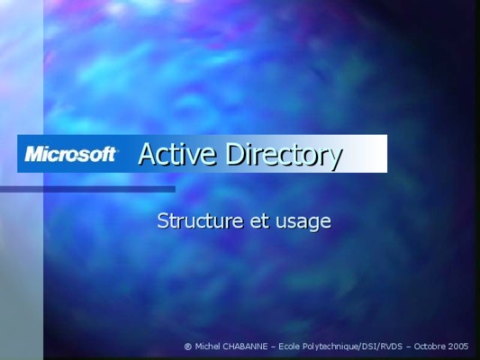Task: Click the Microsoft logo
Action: [x=71, y=154]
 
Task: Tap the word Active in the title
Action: [x=177, y=154]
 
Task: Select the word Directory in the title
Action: [x=284, y=156]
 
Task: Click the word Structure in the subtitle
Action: [x=201, y=220]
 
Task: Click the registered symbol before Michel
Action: [x=188, y=346]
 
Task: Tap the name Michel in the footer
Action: [x=207, y=346]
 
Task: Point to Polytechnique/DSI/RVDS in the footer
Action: [x=352, y=346]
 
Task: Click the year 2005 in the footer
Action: [x=458, y=346]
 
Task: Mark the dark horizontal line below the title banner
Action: [x=87, y=189]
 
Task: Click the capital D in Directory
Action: [x=236, y=154]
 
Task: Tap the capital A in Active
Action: [x=148, y=154]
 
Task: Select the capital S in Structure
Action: [x=162, y=220]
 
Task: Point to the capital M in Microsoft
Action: [x=34, y=154]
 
